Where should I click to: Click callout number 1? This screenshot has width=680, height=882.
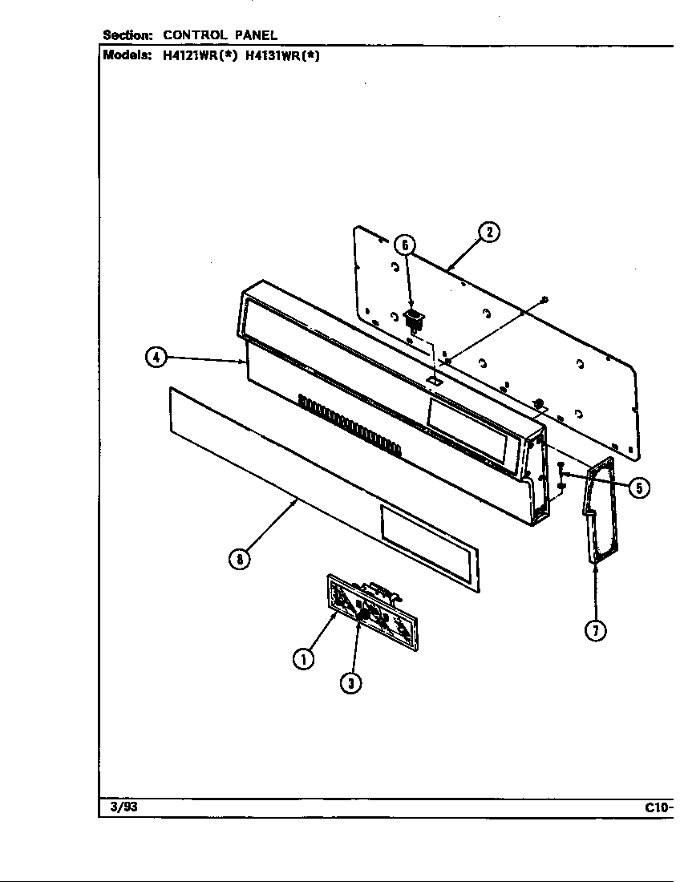302,658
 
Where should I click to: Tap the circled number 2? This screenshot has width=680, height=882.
488,233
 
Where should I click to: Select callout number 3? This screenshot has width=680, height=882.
350,682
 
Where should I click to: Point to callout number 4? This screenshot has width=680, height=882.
156,358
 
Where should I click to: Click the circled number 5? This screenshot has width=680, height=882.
638,487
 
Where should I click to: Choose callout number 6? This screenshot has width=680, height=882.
405,245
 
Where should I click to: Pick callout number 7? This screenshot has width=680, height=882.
594,630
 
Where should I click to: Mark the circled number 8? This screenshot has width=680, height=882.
238,559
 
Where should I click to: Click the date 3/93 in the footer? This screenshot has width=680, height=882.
120,807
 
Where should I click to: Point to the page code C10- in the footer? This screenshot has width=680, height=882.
658,807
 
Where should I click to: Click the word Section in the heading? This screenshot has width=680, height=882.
128,35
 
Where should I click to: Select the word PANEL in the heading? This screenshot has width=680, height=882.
256,35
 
